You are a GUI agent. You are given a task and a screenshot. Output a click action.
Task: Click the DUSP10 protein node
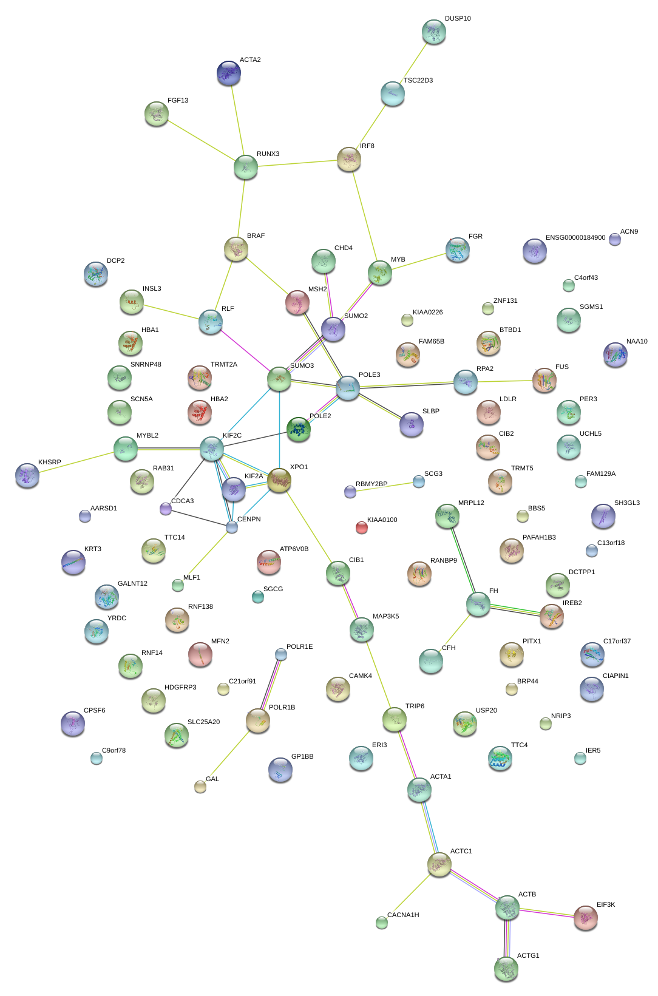(433, 32)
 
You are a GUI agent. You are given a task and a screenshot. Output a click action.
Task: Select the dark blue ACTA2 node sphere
(229, 73)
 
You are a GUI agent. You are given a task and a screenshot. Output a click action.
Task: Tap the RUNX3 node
(245, 167)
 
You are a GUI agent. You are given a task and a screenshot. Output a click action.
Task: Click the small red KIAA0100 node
(361, 527)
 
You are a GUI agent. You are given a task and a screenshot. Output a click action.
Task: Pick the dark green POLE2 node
(298, 429)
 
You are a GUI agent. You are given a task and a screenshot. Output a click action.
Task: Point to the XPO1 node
(279, 480)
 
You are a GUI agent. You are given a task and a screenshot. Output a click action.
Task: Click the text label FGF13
(178, 101)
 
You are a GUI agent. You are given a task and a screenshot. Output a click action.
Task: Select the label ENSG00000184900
(575, 238)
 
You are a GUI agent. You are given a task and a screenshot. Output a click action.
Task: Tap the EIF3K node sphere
(585, 918)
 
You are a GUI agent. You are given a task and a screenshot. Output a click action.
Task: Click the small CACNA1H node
(381, 923)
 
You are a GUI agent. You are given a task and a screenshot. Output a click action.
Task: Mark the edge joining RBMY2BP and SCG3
(384, 486)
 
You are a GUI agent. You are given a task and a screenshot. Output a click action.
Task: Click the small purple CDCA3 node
(166, 509)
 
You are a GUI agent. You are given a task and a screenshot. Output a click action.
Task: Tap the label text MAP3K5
(385, 617)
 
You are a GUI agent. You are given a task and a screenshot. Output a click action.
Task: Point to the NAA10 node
(615, 354)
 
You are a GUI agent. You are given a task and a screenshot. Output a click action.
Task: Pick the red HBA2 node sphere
(200, 412)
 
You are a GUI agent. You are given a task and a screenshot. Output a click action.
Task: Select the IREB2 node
(551, 615)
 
